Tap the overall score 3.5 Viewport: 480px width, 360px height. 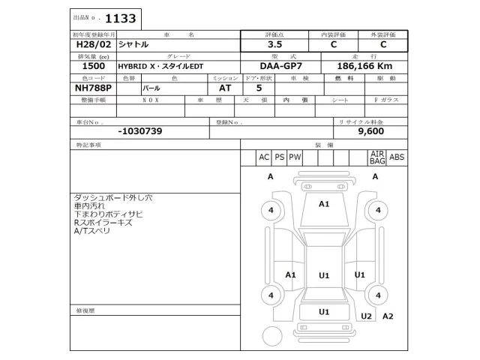(274, 44)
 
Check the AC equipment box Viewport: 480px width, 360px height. (263, 157)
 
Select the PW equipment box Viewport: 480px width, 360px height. (295, 157)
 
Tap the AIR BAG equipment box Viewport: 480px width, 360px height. (376, 157)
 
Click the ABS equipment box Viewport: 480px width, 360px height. (397, 157)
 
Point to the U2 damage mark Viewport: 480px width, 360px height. (366, 316)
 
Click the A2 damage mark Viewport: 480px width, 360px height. (388, 316)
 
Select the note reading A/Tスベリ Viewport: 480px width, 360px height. (91, 232)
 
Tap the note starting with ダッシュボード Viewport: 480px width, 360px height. (112, 198)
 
